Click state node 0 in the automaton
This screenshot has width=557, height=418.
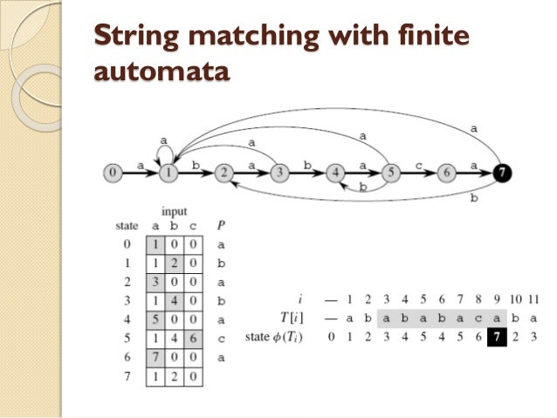[x=112, y=173]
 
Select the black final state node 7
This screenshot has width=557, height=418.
[x=501, y=173]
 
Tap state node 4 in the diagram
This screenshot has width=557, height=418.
[x=335, y=173]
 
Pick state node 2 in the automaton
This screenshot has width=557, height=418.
[x=224, y=173]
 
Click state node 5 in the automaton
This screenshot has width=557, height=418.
[x=390, y=173]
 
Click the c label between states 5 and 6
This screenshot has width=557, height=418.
[x=418, y=165]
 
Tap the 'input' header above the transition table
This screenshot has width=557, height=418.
[x=174, y=212]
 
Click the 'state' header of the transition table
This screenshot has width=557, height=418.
[x=127, y=226]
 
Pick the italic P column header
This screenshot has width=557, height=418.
[x=220, y=226]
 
